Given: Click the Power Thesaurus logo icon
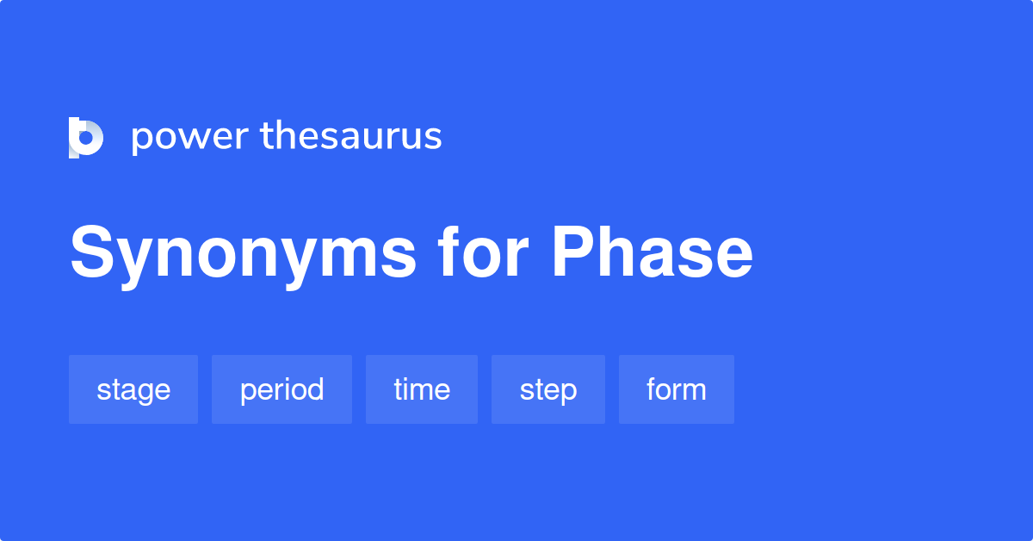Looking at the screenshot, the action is point(86,138).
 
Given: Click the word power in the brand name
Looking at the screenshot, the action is point(190,138).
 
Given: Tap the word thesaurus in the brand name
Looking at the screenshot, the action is point(351,135).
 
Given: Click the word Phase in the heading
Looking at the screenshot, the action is point(653,252).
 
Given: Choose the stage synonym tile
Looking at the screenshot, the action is point(133,389).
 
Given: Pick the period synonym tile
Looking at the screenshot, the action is point(281,389).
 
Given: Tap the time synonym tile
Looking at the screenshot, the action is point(422,389).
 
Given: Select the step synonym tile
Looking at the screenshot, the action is point(548,389).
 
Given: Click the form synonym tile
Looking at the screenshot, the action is point(677,389).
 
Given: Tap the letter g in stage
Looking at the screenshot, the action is point(144,394).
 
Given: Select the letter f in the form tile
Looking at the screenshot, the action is point(653,389).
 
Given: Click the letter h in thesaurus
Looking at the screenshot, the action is point(287,135).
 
